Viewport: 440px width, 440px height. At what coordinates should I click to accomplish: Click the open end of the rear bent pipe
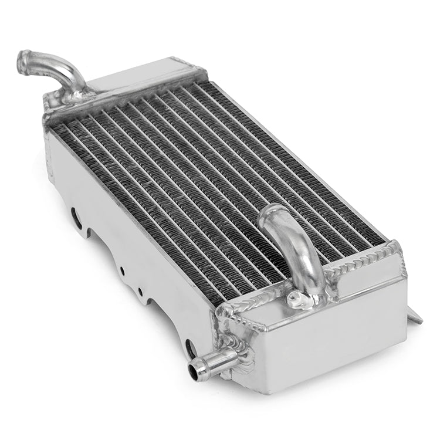(24, 59)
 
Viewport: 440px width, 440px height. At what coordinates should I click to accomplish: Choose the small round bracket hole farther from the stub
(121, 270)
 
